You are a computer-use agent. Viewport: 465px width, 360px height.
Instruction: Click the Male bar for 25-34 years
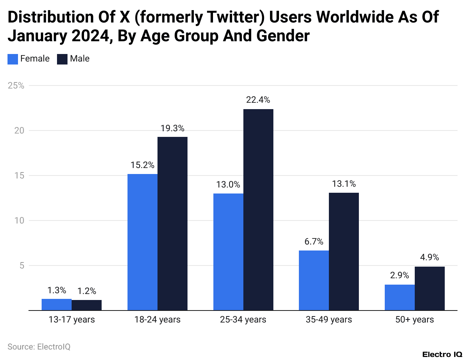(258, 210)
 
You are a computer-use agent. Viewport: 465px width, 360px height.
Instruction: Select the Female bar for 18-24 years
(142, 242)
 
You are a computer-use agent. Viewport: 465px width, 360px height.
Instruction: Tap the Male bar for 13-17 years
(87, 305)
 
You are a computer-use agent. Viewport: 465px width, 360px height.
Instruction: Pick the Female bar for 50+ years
(399, 297)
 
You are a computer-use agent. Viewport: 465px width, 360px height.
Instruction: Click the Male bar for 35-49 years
(344, 251)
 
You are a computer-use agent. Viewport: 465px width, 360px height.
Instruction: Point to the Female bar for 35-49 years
(314, 280)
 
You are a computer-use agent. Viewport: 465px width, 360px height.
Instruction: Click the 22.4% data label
(258, 100)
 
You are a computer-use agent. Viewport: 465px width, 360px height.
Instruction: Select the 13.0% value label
(228, 184)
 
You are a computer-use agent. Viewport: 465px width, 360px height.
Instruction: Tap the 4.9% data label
(429, 257)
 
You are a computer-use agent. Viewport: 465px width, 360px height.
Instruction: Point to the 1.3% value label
(57, 290)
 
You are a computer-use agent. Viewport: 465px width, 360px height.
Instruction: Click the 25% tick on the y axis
(16, 85)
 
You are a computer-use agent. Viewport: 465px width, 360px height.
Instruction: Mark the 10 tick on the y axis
(19, 220)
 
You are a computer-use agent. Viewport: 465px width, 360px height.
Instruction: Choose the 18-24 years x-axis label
(157, 319)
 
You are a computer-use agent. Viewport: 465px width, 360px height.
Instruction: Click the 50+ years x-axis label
(414, 319)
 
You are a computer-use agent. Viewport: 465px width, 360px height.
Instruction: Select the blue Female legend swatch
(13, 59)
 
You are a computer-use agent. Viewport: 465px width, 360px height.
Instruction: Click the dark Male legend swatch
(62, 59)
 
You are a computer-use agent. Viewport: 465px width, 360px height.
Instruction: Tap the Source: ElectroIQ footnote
(39, 346)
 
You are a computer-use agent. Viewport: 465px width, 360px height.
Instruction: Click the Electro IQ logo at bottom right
(442, 354)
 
